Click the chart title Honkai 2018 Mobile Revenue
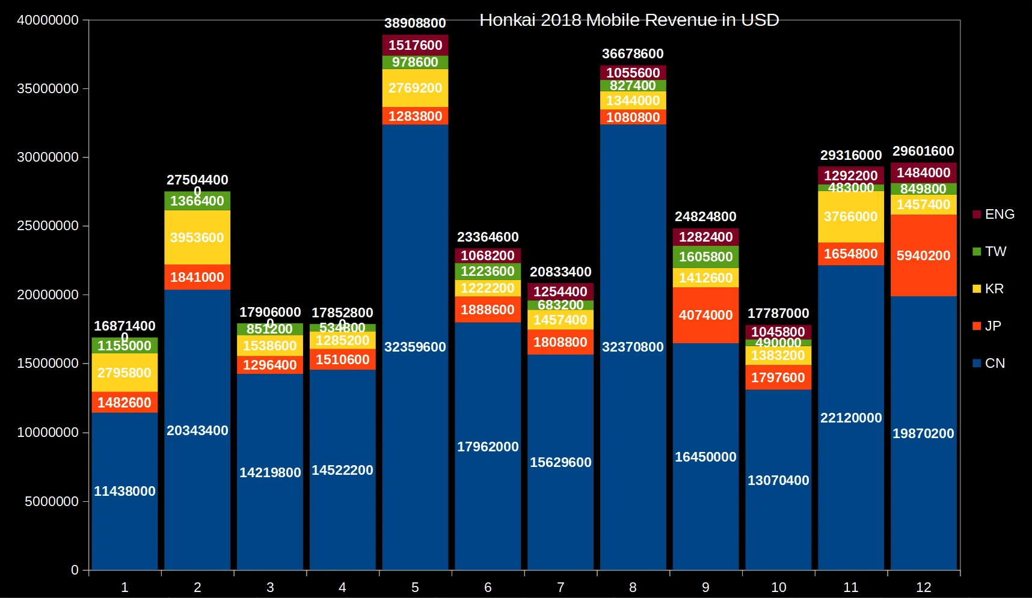pyautogui.click(x=628, y=20)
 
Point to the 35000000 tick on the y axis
pyautogui.click(x=48, y=89)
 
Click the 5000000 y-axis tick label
pyautogui.click(x=52, y=501)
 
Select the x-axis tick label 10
pyautogui.click(x=778, y=587)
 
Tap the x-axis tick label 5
pyautogui.click(x=415, y=587)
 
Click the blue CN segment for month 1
pyautogui.click(x=124, y=491)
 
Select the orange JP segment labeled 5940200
pyautogui.click(x=923, y=255)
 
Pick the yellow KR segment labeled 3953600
pyautogui.click(x=197, y=237)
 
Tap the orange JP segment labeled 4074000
pyautogui.click(x=705, y=315)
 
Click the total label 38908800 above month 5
pyautogui.click(x=415, y=23)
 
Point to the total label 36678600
pyautogui.click(x=633, y=54)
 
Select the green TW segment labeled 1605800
pyautogui.click(x=705, y=257)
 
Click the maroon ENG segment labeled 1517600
pyautogui.click(x=415, y=45)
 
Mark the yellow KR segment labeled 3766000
pyautogui.click(x=850, y=216)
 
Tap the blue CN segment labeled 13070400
pyautogui.click(x=778, y=480)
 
